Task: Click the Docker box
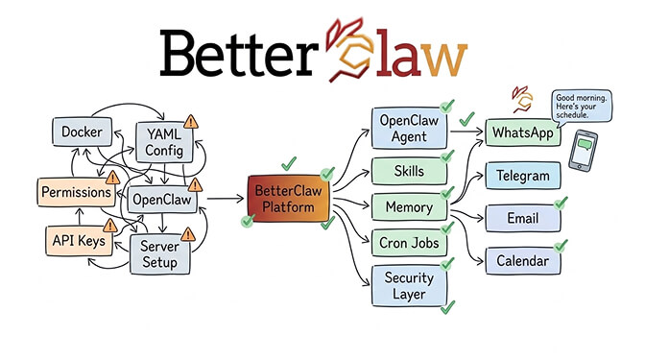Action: (x=84, y=132)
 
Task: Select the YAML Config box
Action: (x=165, y=142)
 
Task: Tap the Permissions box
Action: (x=75, y=192)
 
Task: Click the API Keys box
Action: (x=78, y=240)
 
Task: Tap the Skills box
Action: (x=407, y=170)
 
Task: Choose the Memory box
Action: (x=408, y=206)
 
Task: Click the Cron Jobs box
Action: (x=407, y=242)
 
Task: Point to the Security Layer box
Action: (x=407, y=284)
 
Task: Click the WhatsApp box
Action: (x=521, y=132)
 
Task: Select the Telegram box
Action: (x=522, y=176)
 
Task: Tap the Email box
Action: (x=522, y=219)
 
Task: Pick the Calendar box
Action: (x=522, y=260)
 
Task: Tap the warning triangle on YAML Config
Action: (x=190, y=122)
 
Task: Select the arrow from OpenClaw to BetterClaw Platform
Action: (x=223, y=200)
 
